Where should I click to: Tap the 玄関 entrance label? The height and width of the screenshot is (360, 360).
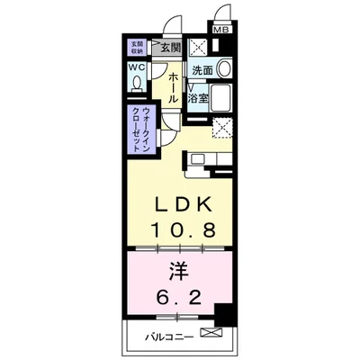click(169, 48)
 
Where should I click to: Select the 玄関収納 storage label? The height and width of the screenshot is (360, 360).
click(138, 47)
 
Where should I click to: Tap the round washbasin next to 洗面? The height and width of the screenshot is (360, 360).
click(223, 68)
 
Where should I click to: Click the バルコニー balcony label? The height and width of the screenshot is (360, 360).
click(173, 339)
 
